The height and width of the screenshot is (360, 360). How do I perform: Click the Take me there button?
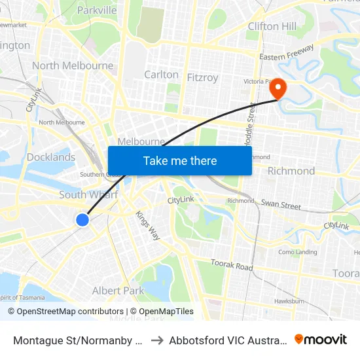click(x=180, y=160)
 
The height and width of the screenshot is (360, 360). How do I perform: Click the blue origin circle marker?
click(x=82, y=220)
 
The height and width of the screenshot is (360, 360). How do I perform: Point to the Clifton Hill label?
click(x=272, y=26)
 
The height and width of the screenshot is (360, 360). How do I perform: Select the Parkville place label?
click(x=97, y=10)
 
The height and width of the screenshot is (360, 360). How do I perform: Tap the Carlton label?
click(x=161, y=75)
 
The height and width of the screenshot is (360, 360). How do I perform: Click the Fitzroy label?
click(x=202, y=77)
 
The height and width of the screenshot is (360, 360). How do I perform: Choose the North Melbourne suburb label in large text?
click(x=73, y=65)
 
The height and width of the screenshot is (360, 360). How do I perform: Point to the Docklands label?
click(x=51, y=157)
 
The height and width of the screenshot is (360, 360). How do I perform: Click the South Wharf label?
click(x=88, y=195)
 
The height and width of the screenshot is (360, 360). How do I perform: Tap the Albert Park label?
click(x=118, y=291)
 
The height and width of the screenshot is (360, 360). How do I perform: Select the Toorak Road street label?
click(x=232, y=265)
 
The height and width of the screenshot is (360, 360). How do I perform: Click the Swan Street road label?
click(x=281, y=205)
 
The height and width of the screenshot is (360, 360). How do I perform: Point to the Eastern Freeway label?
click(x=287, y=53)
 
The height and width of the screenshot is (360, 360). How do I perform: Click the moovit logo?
click(x=321, y=340)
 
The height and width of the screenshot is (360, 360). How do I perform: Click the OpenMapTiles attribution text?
click(x=162, y=312)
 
